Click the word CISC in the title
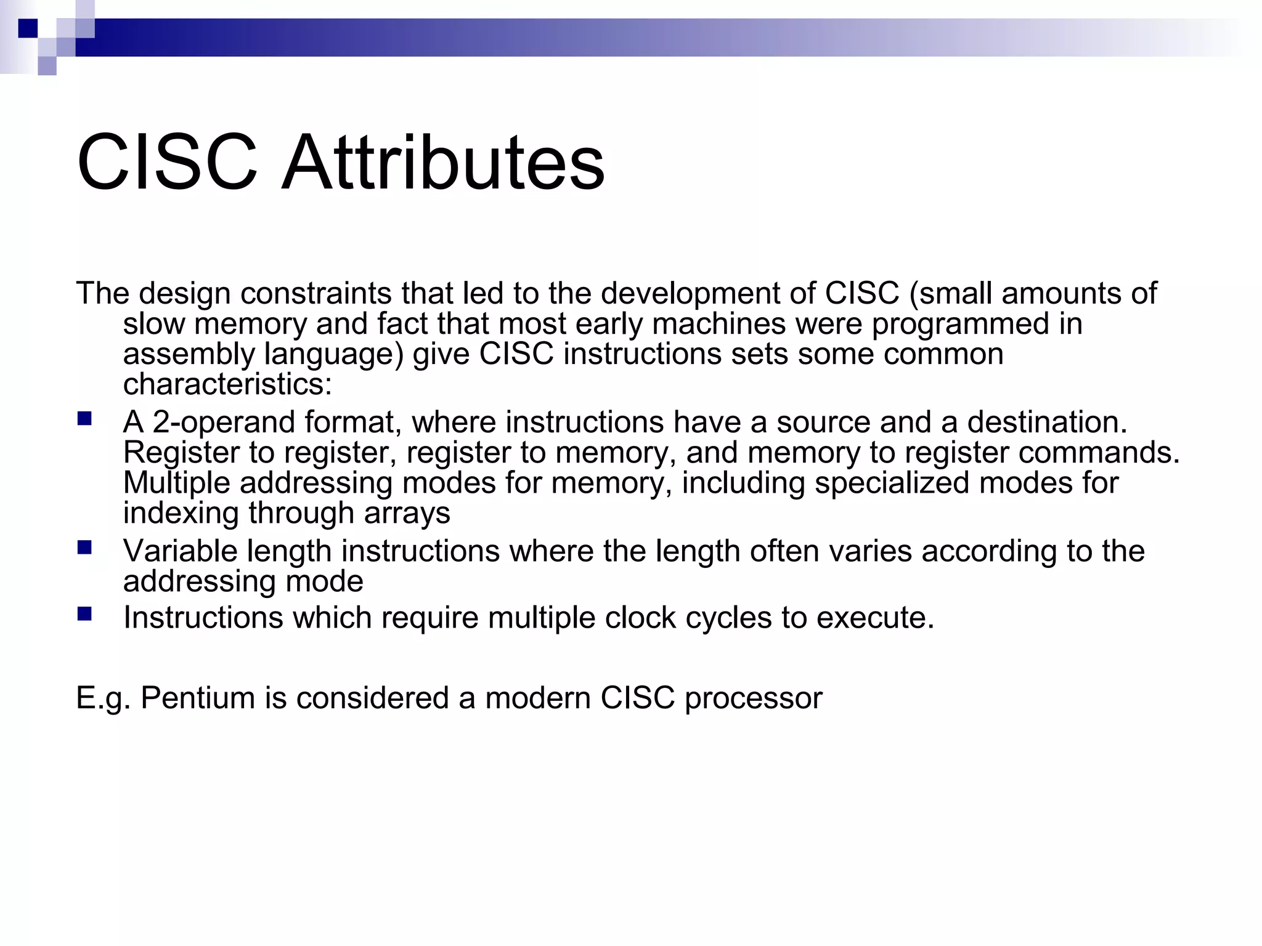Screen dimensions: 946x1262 tap(167, 163)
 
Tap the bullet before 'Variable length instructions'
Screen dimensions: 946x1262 tap(84, 548)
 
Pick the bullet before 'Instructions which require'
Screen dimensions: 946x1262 tap(84, 614)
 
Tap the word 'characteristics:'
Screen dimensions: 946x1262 tap(227, 384)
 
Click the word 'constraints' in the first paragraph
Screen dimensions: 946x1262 tap(315, 293)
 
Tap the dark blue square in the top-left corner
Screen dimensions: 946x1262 tap(28, 28)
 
